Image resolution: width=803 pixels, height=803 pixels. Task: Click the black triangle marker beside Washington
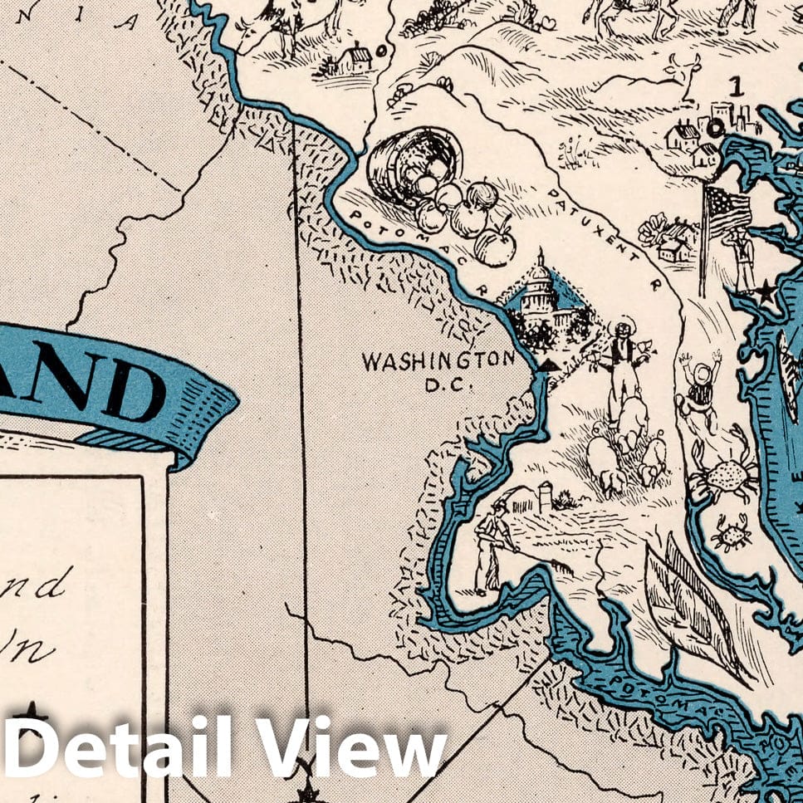click(x=548, y=365)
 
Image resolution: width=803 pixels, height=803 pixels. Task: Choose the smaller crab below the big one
click(x=732, y=532)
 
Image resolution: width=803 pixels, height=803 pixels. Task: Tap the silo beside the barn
click(x=546, y=496)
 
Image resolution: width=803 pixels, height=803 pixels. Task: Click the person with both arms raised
click(x=700, y=390)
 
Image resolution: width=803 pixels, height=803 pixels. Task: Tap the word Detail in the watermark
click(x=125, y=752)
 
